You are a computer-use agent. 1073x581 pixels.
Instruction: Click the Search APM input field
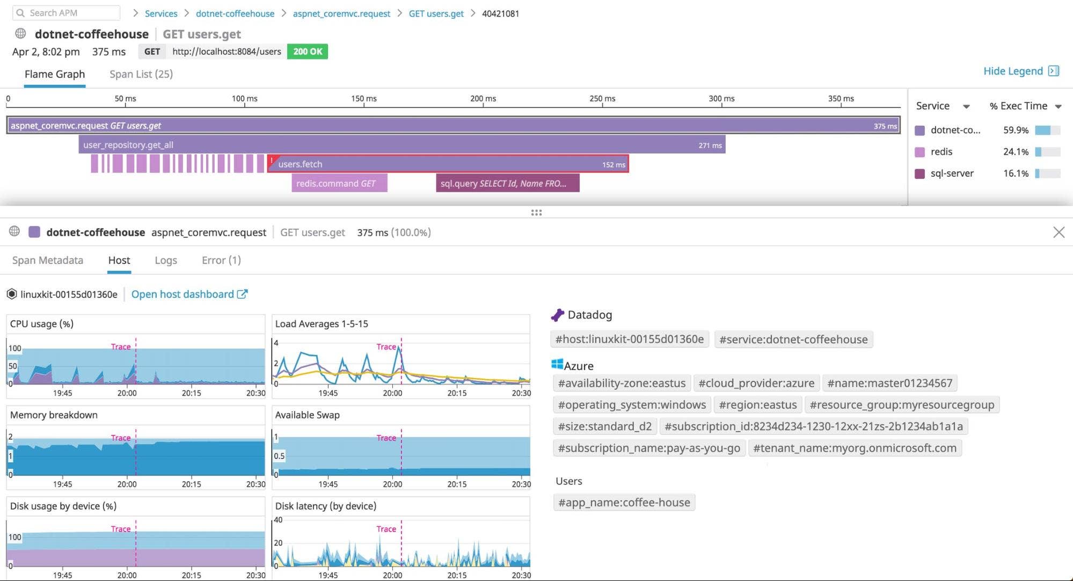(x=67, y=13)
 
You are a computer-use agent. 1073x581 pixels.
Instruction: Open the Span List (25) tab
(x=141, y=74)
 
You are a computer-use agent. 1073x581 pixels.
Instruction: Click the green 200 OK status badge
(x=308, y=52)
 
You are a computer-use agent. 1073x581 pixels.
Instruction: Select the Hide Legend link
(x=1013, y=71)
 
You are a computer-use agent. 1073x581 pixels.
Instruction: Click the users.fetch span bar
(x=448, y=164)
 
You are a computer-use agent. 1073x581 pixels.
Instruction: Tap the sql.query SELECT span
(x=507, y=184)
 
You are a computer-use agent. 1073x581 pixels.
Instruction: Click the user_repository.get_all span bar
(x=402, y=145)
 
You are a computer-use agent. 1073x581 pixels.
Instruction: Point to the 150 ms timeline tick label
(x=364, y=99)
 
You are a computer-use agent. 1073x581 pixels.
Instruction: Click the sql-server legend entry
(x=951, y=173)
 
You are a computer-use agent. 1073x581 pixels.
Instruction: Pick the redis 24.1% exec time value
(x=1016, y=152)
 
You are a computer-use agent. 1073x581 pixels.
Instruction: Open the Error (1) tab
(x=221, y=260)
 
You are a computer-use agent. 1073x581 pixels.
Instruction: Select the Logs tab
(x=166, y=260)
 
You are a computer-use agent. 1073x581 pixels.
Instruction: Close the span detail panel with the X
(x=1059, y=232)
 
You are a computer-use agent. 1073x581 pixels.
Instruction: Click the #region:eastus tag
(x=757, y=405)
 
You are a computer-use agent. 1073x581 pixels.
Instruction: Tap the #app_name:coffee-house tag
(x=624, y=503)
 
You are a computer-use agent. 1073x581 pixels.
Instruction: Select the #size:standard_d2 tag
(x=604, y=426)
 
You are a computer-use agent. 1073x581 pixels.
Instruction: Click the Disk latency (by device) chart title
(x=326, y=506)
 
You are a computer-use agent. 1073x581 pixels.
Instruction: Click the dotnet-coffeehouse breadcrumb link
(x=235, y=13)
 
